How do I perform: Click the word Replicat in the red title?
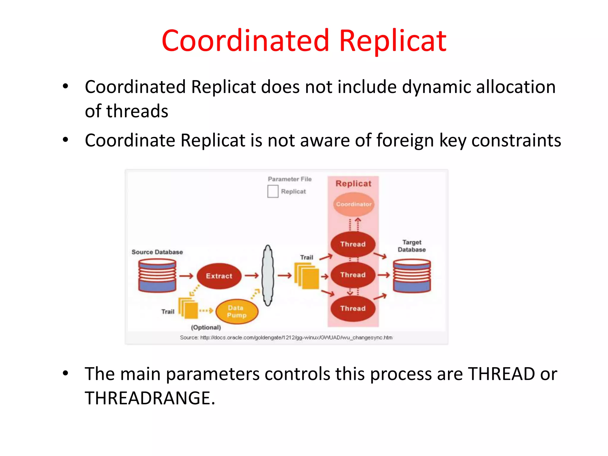392,41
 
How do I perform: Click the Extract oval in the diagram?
219,276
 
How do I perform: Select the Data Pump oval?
237,311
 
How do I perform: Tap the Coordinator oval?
354,204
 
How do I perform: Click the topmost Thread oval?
353,244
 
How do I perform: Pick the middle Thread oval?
353,275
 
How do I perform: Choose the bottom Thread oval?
353,308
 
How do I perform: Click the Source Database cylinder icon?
157,276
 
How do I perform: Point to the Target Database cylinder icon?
412,276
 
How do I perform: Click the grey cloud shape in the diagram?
268,275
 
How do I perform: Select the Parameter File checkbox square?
273,191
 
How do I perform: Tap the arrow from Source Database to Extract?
186,276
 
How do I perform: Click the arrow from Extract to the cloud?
252,276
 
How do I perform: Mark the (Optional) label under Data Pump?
206,327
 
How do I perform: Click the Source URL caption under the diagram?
286,338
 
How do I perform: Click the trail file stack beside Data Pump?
188,308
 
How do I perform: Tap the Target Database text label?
412,246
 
